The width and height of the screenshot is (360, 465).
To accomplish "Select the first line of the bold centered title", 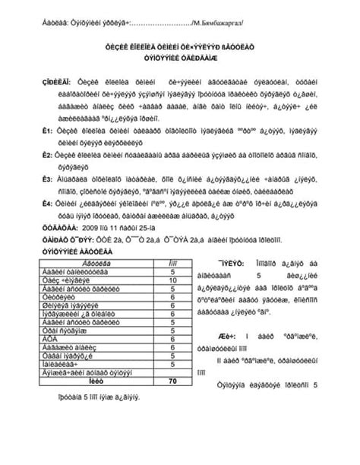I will pyautogui.click(x=180, y=47).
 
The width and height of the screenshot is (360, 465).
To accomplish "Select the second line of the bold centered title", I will pyautogui.click(x=180, y=59).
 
